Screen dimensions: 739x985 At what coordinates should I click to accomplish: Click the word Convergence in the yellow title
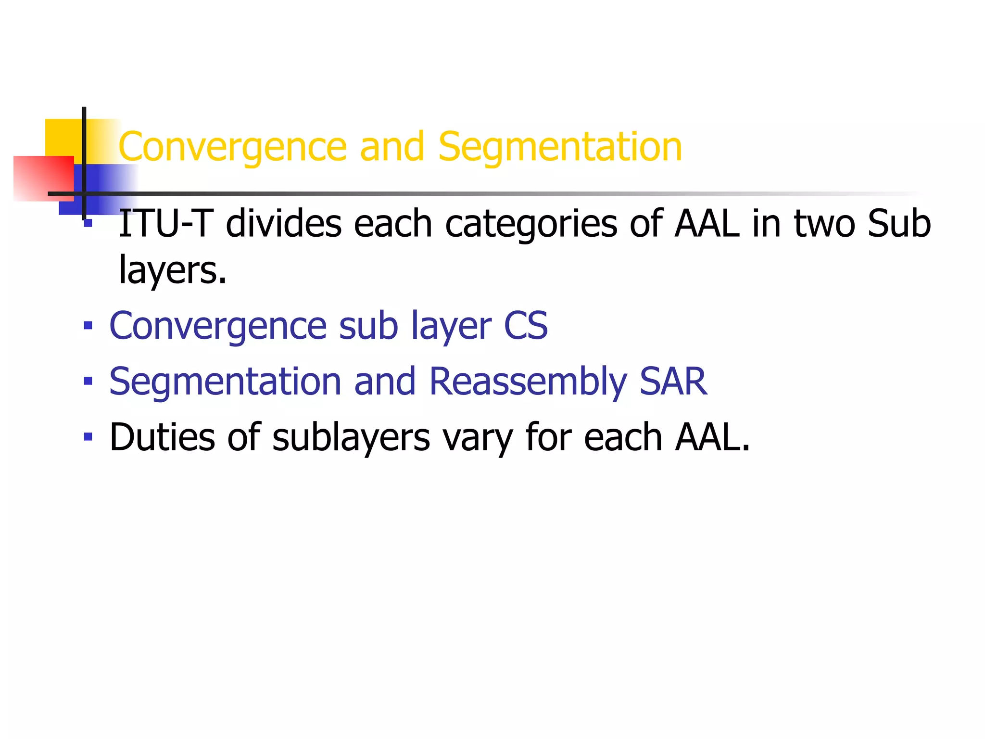click(232, 147)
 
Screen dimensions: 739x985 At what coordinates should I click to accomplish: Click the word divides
click(284, 224)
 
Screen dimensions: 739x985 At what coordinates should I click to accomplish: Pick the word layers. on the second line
click(173, 270)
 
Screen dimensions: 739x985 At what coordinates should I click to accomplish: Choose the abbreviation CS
click(525, 326)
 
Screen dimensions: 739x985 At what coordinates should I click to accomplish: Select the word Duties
click(162, 437)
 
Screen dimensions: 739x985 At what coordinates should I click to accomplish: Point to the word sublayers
click(351, 438)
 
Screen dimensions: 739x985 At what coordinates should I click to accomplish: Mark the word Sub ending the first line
click(899, 224)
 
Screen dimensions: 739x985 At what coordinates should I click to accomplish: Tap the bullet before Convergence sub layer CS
click(88, 326)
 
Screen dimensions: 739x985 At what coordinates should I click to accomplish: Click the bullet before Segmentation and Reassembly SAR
click(88, 382)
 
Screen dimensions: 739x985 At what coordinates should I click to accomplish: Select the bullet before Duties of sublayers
click(88, 437)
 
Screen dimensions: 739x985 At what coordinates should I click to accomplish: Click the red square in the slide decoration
click(43, 178)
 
